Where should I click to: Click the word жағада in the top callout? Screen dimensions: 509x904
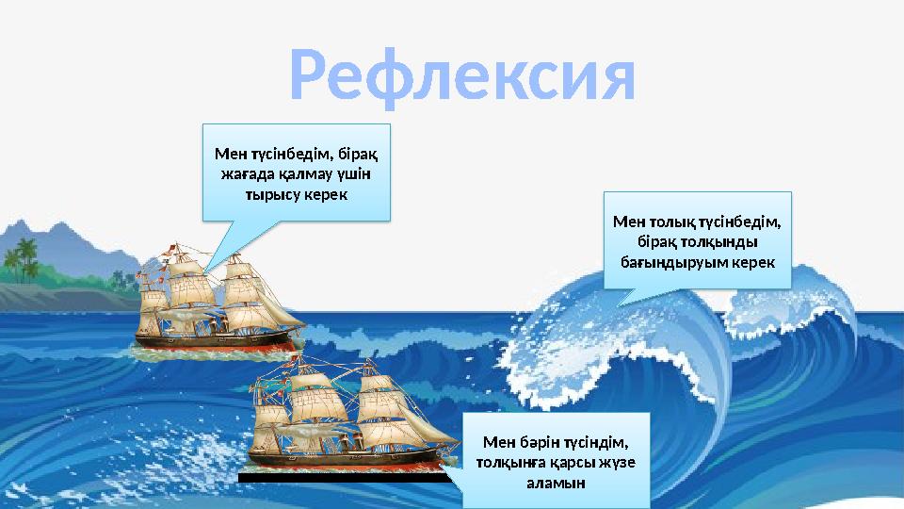[x=248, y=174]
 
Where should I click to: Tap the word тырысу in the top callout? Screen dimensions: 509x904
[x=269, y=195]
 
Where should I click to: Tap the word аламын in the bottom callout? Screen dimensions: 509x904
[x=556, y=483]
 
